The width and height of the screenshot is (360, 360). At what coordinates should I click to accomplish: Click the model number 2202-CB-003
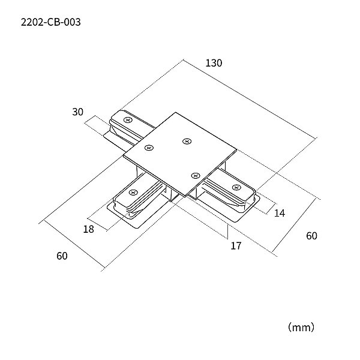(x=51, y=22)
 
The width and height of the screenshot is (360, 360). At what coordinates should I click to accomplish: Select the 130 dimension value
(x=214, y=63)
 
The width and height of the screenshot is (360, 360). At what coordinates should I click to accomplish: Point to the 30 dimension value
(x=77, y=112)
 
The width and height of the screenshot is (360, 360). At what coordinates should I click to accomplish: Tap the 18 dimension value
(x=89, y=229)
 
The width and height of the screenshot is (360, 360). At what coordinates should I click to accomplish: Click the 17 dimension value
(x=236, y=245)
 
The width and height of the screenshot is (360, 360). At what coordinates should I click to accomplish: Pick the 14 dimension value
(x=280, y=213)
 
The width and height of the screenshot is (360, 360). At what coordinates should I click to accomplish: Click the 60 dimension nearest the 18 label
(x=62, y=256)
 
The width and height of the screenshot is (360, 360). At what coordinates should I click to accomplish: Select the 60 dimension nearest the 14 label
(x=311, y=236)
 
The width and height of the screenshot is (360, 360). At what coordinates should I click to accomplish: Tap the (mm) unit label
(x=301, y=327)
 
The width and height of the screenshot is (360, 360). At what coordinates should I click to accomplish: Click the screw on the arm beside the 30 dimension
(x=128, y=120)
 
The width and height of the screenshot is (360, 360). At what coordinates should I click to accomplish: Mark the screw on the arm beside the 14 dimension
(x=236, y=188)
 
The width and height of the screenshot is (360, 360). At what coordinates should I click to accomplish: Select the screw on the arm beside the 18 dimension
(x=133, y=193)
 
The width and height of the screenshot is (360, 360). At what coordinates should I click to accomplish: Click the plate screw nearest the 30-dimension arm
(x=149, y=148)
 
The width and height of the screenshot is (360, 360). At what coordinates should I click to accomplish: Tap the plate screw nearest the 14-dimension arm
(x=196, y=176)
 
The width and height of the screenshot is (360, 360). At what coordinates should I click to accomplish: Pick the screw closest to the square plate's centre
(x=187, y=141)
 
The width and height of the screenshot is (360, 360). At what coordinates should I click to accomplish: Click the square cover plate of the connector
(x=180, y=154)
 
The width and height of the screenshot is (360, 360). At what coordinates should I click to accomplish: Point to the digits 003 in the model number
(x=72, y=22)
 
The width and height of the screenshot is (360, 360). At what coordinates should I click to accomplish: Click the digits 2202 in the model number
(x=31, y=22)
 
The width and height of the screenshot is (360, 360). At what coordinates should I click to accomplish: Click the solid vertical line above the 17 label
(x=227, y=232)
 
